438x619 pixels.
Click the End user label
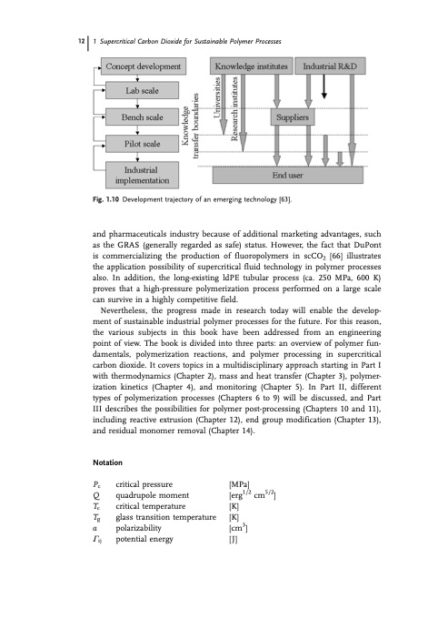(302, 178)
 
